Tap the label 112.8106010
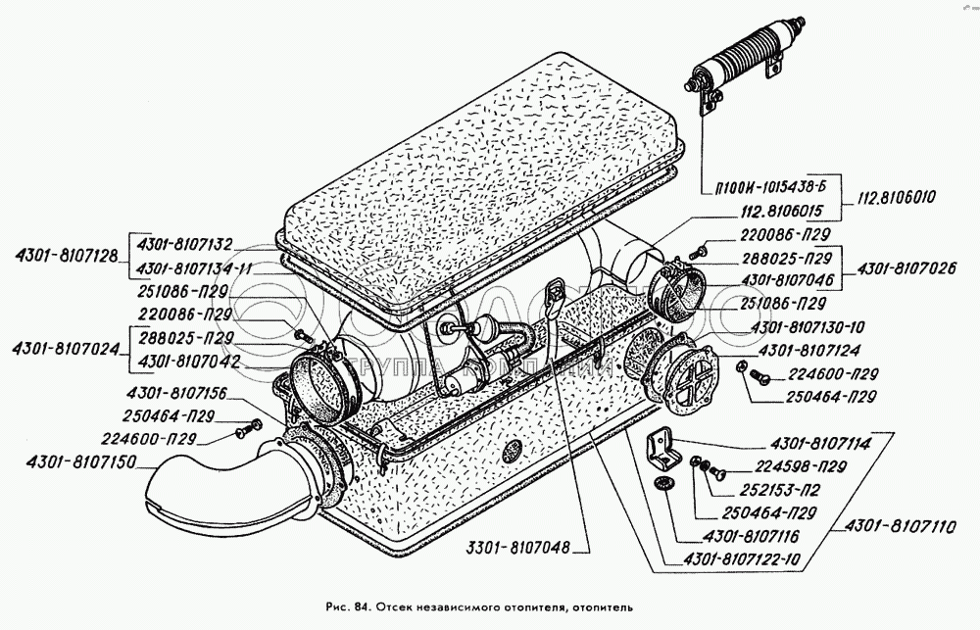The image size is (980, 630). click(x=894, y=196)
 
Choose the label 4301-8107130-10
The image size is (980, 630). click(x=808, y=326)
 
